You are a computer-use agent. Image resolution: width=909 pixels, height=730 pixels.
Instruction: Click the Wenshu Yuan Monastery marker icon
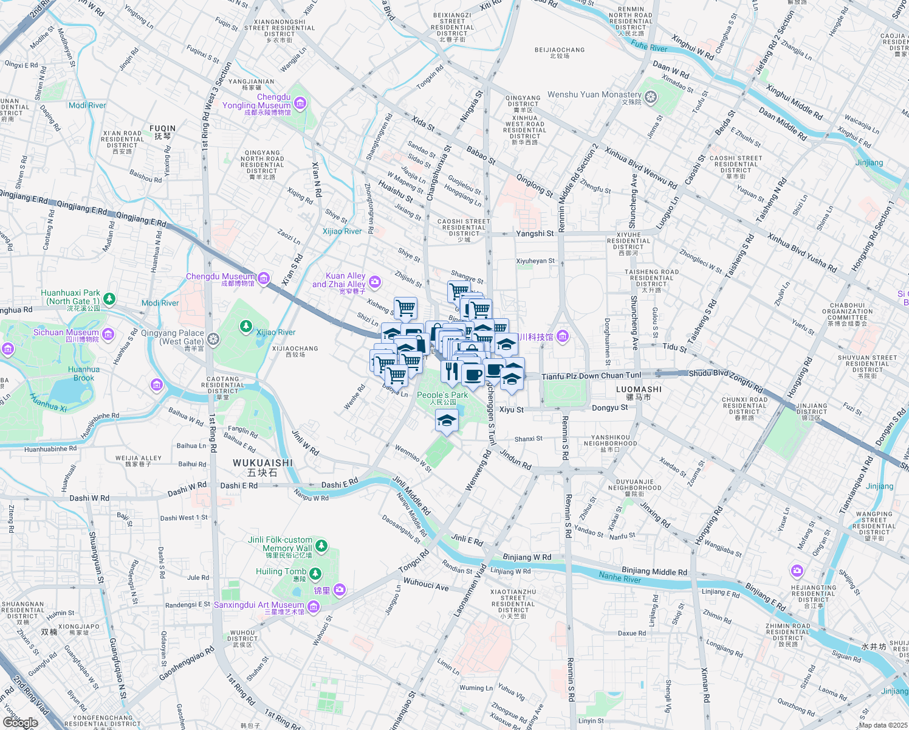(651, 97)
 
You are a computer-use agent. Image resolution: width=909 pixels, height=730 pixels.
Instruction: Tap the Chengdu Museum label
(220, 277)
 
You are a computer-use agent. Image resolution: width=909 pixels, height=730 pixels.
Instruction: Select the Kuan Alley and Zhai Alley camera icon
(375, 281)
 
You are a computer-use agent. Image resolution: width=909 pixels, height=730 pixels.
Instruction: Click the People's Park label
(442, 395)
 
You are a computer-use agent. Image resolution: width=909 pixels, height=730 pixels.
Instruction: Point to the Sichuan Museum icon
(108, 333)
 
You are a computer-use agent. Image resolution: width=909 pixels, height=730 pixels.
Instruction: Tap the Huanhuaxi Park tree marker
(109, 299)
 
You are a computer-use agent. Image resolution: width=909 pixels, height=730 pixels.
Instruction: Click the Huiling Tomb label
(281, 572)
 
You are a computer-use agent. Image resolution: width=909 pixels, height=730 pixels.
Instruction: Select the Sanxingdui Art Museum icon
(313, 606)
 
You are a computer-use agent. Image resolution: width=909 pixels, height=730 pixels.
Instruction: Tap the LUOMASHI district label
(639, 389)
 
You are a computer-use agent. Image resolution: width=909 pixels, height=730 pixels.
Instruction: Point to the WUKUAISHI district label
(262, 463)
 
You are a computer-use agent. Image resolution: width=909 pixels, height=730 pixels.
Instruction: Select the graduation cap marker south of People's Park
(447, 420)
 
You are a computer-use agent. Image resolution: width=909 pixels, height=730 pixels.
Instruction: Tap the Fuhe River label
(649, 47)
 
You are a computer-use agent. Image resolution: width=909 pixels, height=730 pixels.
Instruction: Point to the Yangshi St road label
(535, 233)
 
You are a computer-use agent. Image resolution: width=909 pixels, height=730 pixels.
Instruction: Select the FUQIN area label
(162, 129)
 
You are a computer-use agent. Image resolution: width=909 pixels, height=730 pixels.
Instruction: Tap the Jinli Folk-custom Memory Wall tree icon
(321, 545)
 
